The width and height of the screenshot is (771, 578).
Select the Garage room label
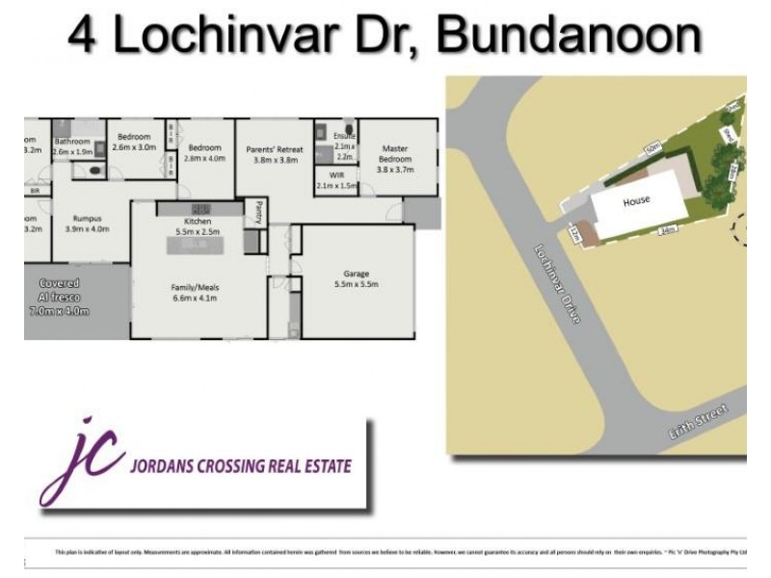point(357,275)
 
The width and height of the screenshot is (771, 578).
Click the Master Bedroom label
point(396,153)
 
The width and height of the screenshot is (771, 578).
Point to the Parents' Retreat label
point(276,150)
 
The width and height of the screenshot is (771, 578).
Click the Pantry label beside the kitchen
point(258,210)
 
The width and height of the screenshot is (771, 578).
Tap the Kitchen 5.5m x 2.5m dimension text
point(192,233)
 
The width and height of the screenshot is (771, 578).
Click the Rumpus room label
point(87,219)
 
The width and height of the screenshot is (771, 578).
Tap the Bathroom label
point(72,142)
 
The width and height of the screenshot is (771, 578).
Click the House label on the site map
point(636,201)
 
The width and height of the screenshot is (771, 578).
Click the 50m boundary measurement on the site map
point(652,149)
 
